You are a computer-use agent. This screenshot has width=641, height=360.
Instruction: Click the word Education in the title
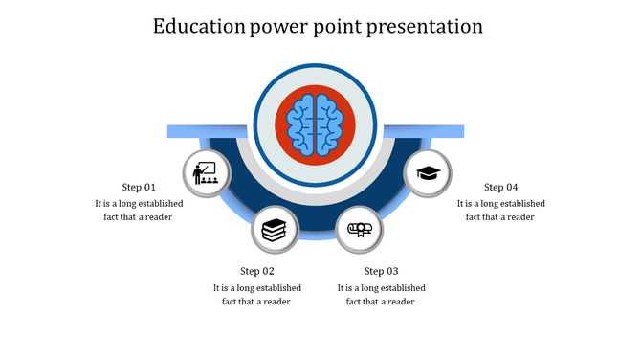(x=200, y=26)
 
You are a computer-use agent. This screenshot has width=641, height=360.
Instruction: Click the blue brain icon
(x=315, y=124)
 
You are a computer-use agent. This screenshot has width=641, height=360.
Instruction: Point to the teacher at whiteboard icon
(x=206, y=173)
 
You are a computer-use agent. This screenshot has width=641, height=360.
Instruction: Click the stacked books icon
(x=274, y=230)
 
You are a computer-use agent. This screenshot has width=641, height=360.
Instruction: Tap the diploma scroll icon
(x=359, y=230)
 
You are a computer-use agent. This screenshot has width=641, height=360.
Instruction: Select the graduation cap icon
(x=428, y=173)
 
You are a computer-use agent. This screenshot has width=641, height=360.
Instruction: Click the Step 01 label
(x=139, y=187)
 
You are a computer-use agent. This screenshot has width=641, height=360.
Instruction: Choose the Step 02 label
(x=257, y=271)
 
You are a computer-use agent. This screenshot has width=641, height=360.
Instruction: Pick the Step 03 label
(x=381, y=271)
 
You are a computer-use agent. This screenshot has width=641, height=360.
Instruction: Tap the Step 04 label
(x=500, y=187)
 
